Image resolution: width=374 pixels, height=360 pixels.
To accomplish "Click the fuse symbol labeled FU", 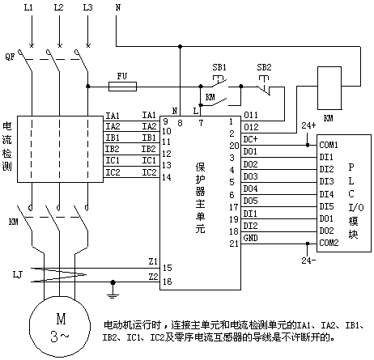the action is [x=122, y=87].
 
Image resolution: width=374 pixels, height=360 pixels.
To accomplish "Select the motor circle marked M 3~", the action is [x=60, y=326].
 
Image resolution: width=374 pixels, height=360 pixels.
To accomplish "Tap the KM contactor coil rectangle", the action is [x=329, y=88].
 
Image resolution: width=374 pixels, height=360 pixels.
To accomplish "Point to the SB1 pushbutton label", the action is [x=219, y=67].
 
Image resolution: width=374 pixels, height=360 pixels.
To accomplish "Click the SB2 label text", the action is [x=264, y=67].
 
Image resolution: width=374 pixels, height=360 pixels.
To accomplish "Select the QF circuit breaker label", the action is [x=10, y=57].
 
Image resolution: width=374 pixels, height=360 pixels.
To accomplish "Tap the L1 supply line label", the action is [x=28, y=7].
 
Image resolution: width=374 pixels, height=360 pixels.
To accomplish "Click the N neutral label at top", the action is [x=118, y=7].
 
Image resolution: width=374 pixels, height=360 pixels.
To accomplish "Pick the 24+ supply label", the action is [x=308, y=125].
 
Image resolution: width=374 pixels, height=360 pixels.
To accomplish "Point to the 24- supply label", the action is [x=308, y=260].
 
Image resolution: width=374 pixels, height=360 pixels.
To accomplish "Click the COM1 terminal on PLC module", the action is [x=329, y=145].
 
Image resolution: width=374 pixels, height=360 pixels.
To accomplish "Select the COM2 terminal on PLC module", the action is [x=329, y=243].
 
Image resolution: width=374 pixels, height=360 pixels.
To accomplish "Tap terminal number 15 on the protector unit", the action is [x=167, y=268].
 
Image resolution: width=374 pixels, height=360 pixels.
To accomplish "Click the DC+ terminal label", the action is [x=250, y=139].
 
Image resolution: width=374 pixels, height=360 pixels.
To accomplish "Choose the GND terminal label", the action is [x=250, y=238].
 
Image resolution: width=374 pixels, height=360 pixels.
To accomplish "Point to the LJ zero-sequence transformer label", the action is [x=17, y=275].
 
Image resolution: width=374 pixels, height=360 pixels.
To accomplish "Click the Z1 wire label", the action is [x=153, y=261].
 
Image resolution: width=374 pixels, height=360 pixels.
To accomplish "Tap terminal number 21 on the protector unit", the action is [x=234, y=244].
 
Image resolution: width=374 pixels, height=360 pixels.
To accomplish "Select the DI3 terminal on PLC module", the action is [x=326, y=181].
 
